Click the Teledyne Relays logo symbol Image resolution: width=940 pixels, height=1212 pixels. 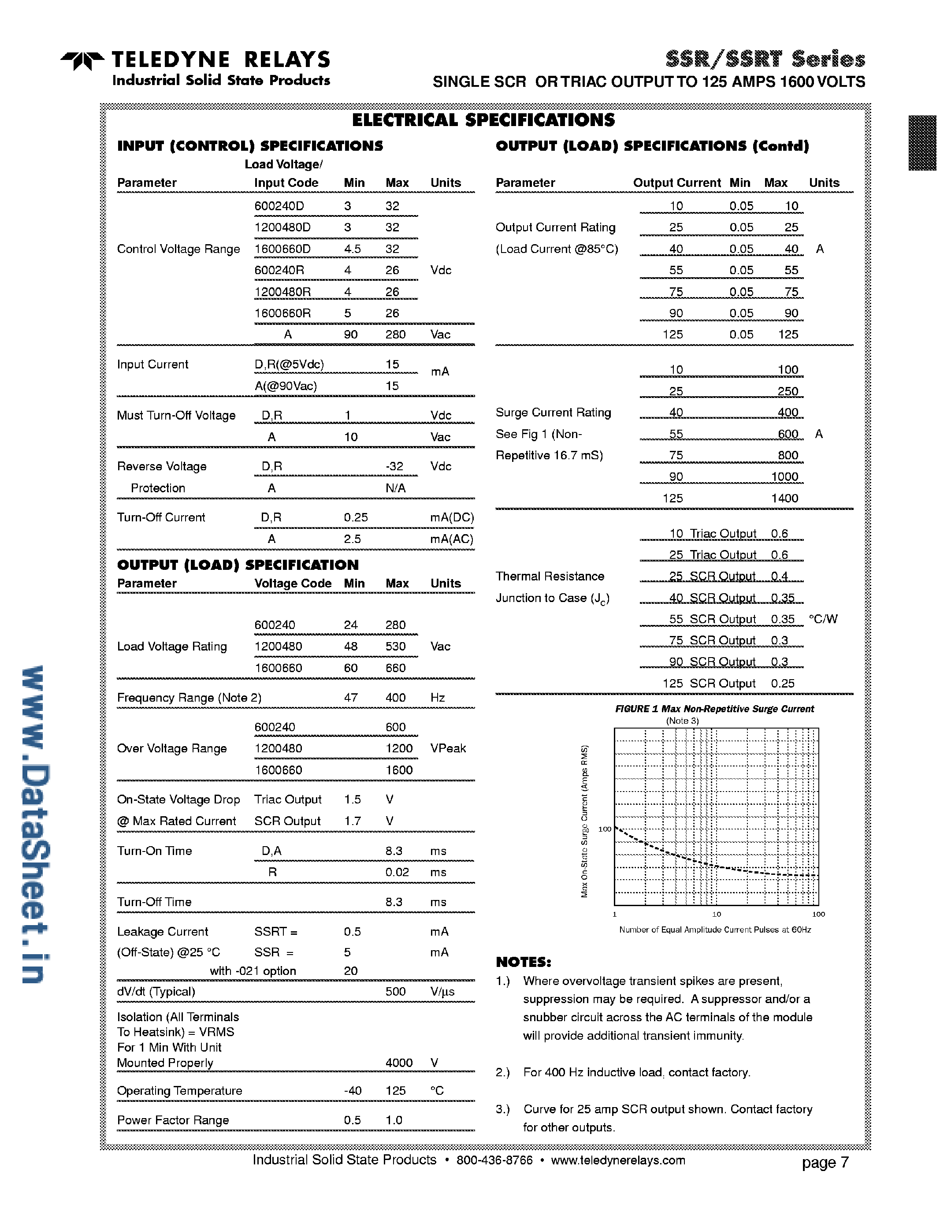[x=82, y=60]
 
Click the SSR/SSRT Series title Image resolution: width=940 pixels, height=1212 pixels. [x=765, y=59]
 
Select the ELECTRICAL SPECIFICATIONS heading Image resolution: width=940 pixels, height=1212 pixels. [x=483, y=120]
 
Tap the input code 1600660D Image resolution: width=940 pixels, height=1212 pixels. [x=282, y=249]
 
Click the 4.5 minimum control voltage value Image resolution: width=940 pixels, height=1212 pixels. [x=353, y=249]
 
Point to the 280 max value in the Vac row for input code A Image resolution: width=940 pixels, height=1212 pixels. [x=396, y=335]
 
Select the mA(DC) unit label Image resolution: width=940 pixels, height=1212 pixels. [x=452, y=518]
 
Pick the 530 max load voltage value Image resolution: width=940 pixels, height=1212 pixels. [x=396, y=647]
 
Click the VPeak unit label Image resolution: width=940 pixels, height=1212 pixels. [x=448, y=749]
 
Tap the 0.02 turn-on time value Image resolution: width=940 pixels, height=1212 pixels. [x=398, y=872]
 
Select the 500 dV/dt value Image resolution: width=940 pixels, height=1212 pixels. [x=396, y=992]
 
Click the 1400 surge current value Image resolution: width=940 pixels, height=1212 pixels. [x=784, y=498]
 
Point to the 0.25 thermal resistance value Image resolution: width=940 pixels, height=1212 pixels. [x=782, y=684]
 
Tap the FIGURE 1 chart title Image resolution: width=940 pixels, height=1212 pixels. [x=714, y=709]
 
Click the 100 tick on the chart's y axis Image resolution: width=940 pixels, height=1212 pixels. [x=604, y=829]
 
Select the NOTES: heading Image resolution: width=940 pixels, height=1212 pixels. [x=523, y=962]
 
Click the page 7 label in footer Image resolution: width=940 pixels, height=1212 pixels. [x=825, y=1163]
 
